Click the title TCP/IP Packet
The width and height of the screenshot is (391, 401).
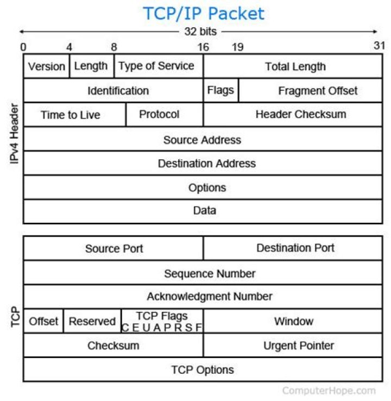point(203,12)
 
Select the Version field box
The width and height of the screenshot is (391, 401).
point(47,66)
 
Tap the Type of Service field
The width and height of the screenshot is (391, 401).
point(158,66)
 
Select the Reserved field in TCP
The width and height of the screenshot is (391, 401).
point(92,321)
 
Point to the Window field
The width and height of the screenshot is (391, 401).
point(293,321)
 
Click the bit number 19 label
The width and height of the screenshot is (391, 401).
point(237,47)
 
